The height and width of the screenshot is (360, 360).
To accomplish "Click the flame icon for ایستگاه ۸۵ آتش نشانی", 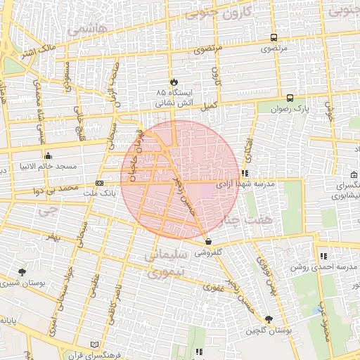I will tap(174, 81).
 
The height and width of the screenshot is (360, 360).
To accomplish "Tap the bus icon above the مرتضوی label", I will tap(274, 38).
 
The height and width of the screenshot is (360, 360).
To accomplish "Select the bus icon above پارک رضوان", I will tap(290, 98).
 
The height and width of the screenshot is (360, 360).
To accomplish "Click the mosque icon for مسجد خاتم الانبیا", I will tap(48, 156).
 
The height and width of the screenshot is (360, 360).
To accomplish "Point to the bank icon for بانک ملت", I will tap(98, 184).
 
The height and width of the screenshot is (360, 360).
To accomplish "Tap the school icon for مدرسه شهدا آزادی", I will tap(245, 172).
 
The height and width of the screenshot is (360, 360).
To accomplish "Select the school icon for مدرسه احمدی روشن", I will tap(323, 257).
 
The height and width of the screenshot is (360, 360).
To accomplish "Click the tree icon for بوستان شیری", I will tap(23, 271).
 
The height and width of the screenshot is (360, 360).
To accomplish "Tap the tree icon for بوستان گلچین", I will tap(269, 319).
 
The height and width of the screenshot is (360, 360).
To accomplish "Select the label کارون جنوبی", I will tap(221, 13).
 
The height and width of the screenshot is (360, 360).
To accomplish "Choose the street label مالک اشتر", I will tap(39, 50).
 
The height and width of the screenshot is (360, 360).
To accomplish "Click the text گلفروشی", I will tap(210, 251).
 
